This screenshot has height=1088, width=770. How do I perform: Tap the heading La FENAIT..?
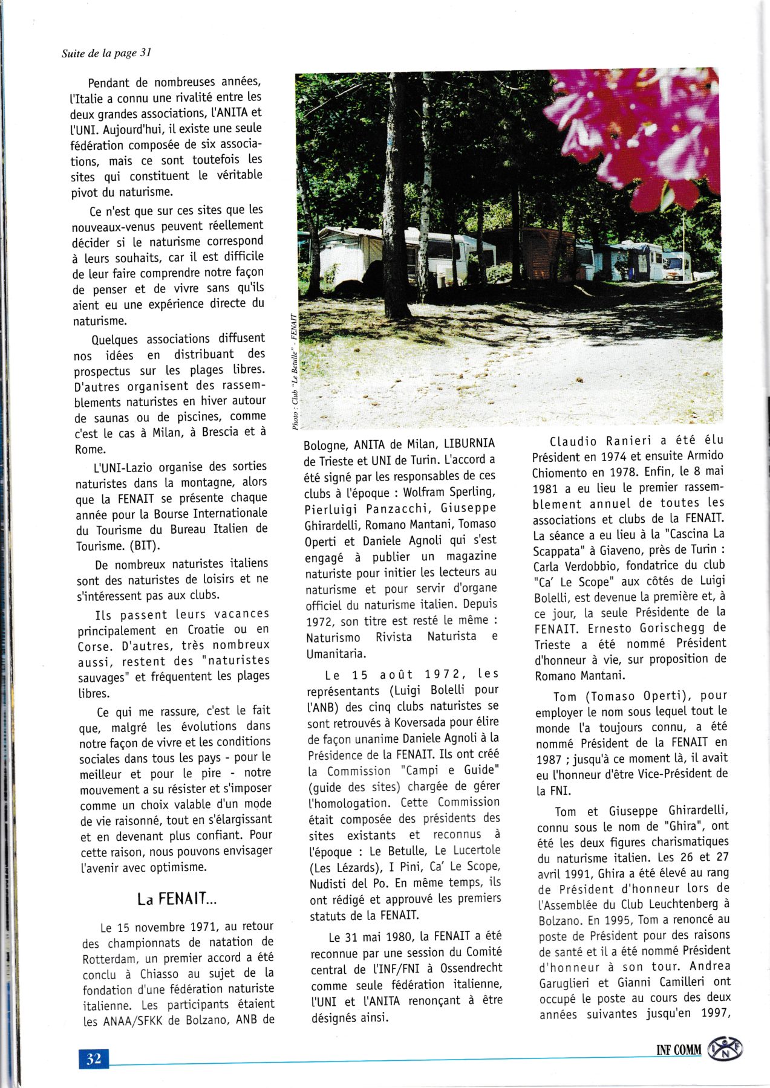point(177,899)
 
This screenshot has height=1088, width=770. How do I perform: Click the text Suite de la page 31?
point(106,53)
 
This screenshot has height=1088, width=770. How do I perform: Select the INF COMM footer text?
point(679,1050)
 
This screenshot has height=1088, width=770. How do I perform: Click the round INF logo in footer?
point(726,1049)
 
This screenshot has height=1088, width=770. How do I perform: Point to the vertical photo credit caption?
point(295,372)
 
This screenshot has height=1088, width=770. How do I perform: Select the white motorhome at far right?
point(677,266)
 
